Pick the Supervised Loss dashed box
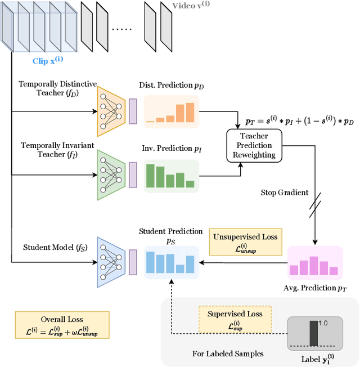tap(235, 319)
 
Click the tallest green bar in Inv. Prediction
tap(151, 174)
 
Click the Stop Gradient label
tap(285, 193)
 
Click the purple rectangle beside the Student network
tap(133, 257)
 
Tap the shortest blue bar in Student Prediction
tap(179, 268)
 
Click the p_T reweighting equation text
tap(301, 121)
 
